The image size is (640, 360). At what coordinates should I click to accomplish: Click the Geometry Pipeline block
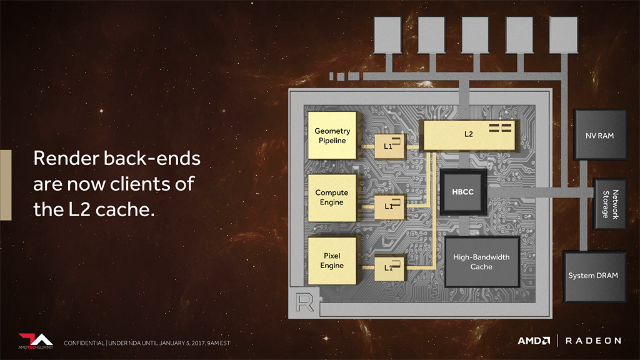click(332, 136)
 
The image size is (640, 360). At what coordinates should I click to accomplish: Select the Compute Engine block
click(332, 197)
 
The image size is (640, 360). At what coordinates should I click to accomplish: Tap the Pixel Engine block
click(332, 261)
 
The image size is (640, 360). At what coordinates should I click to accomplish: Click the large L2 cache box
click(469, 135)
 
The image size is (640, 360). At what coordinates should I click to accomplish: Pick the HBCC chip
click(462, 192)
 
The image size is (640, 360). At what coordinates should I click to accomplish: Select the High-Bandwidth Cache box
click(481, 262)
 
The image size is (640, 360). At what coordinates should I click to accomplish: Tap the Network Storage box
click(610, 204)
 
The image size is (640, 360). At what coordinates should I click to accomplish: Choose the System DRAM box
click(594, 276)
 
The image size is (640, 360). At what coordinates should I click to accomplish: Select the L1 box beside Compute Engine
click(389, 206)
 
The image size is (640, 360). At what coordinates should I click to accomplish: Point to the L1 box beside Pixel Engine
click(389, 267)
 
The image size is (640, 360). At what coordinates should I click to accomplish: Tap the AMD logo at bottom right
click(534, 341)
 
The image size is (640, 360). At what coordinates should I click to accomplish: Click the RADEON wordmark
click(593, 341)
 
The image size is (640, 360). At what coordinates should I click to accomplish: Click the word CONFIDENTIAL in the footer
click(84, 343)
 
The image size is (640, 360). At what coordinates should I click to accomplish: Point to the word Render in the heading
click(63, 159)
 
